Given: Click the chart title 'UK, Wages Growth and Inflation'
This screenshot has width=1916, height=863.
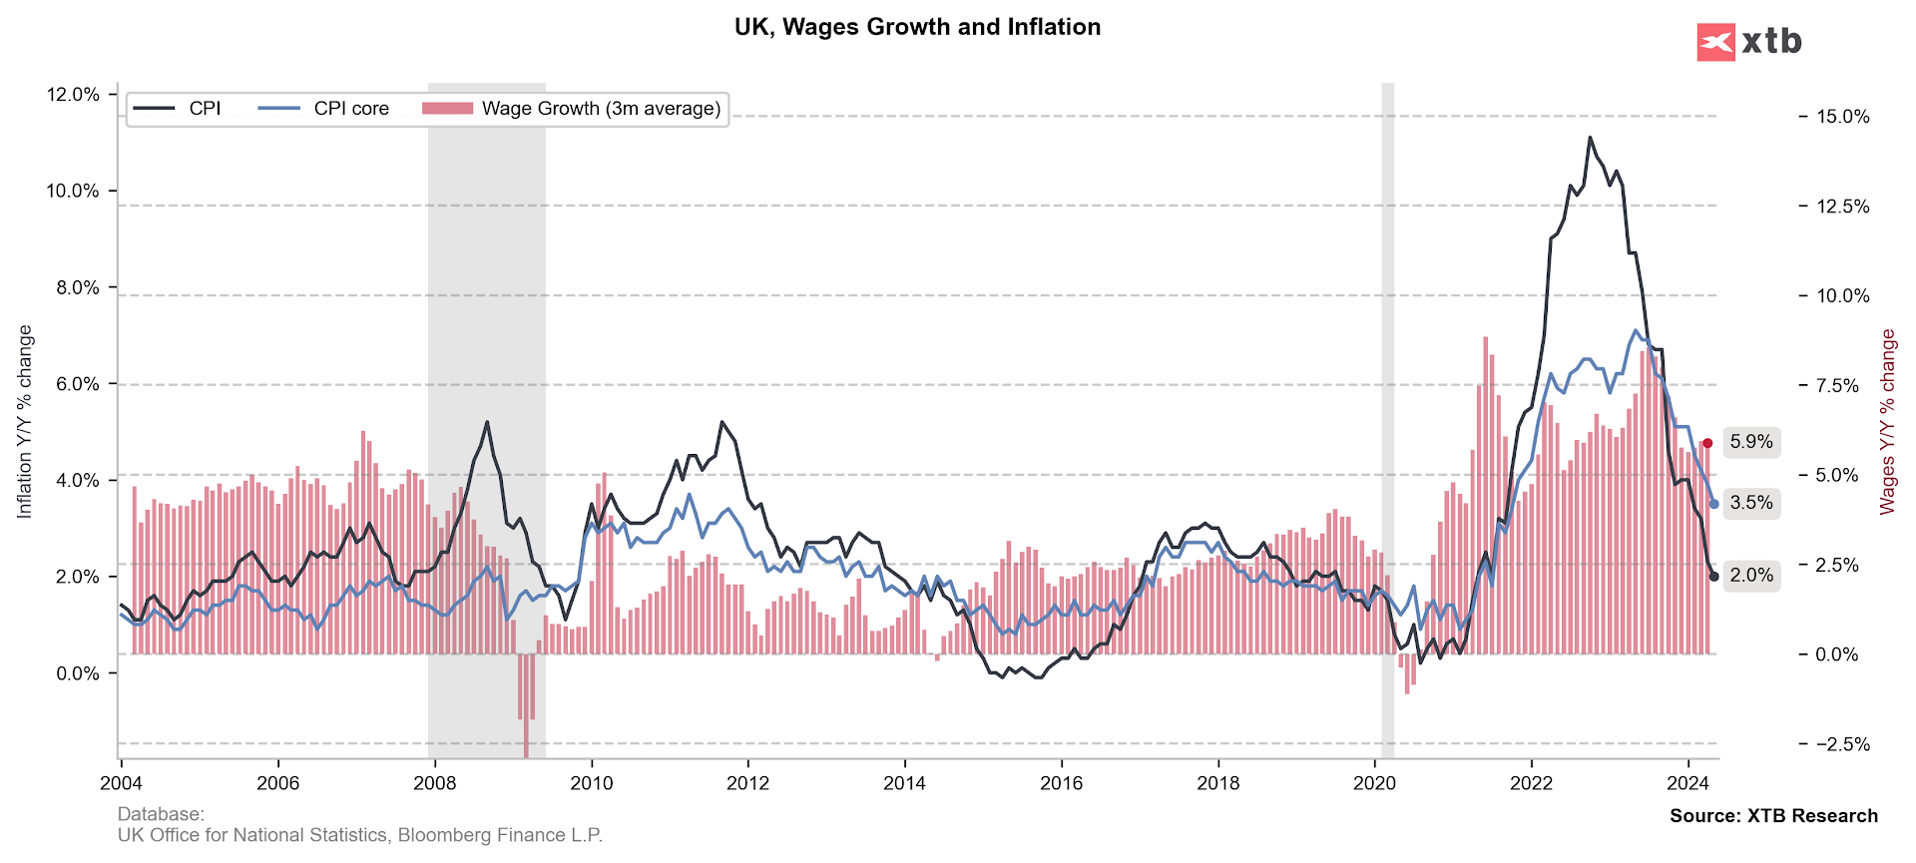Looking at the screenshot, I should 917,27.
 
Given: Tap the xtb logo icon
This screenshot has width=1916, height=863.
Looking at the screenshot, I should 1715,42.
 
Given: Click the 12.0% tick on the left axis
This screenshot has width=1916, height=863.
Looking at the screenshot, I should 73,95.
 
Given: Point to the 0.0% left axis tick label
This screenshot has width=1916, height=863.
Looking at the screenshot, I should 77,673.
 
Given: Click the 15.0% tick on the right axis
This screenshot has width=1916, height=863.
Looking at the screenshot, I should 1842,117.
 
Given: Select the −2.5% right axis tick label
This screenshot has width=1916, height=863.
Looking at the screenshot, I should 1842,744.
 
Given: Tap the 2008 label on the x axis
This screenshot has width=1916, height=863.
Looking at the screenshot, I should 435,783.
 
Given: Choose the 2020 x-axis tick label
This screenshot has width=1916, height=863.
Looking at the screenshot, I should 1374,783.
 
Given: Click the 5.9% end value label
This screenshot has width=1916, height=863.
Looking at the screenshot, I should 1751,442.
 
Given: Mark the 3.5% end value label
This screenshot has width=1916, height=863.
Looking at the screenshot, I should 1751,503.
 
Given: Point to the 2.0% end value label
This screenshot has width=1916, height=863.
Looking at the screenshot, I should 1751,576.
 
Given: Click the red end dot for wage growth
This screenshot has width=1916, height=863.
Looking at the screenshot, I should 1707,443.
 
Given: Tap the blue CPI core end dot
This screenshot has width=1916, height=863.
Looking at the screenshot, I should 1714,504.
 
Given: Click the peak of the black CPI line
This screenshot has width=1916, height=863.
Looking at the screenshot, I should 1590,138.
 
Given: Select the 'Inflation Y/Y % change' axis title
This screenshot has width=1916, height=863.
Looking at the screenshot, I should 25,422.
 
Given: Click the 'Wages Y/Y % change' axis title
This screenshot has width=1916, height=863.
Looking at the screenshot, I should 1887,422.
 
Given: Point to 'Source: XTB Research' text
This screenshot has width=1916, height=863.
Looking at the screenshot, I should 1773,816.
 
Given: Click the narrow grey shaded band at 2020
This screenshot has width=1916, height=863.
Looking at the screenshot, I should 1387,399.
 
